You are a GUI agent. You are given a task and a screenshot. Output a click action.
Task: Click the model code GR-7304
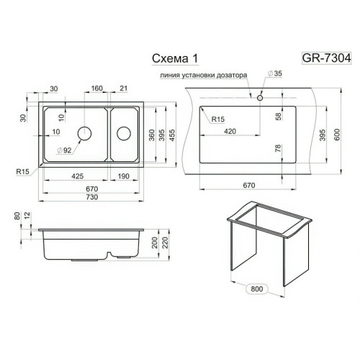(326, 58)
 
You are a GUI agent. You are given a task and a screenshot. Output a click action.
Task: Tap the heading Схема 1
(175, 58)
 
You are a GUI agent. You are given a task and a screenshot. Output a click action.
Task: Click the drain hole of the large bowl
(84, 133)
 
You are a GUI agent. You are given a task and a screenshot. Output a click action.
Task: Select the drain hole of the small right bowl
(124, 133)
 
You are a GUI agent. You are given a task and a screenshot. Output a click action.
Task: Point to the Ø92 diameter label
(64, 150)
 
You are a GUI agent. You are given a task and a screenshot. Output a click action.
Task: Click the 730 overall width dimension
(92, 197)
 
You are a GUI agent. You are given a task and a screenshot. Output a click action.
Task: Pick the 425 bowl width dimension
(78, 176)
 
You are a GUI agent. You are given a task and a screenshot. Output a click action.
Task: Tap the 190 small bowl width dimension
(124, 176)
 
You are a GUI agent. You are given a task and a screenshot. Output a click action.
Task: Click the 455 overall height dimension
(172, 135)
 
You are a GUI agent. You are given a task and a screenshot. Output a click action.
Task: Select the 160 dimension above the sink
(96, 89)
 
